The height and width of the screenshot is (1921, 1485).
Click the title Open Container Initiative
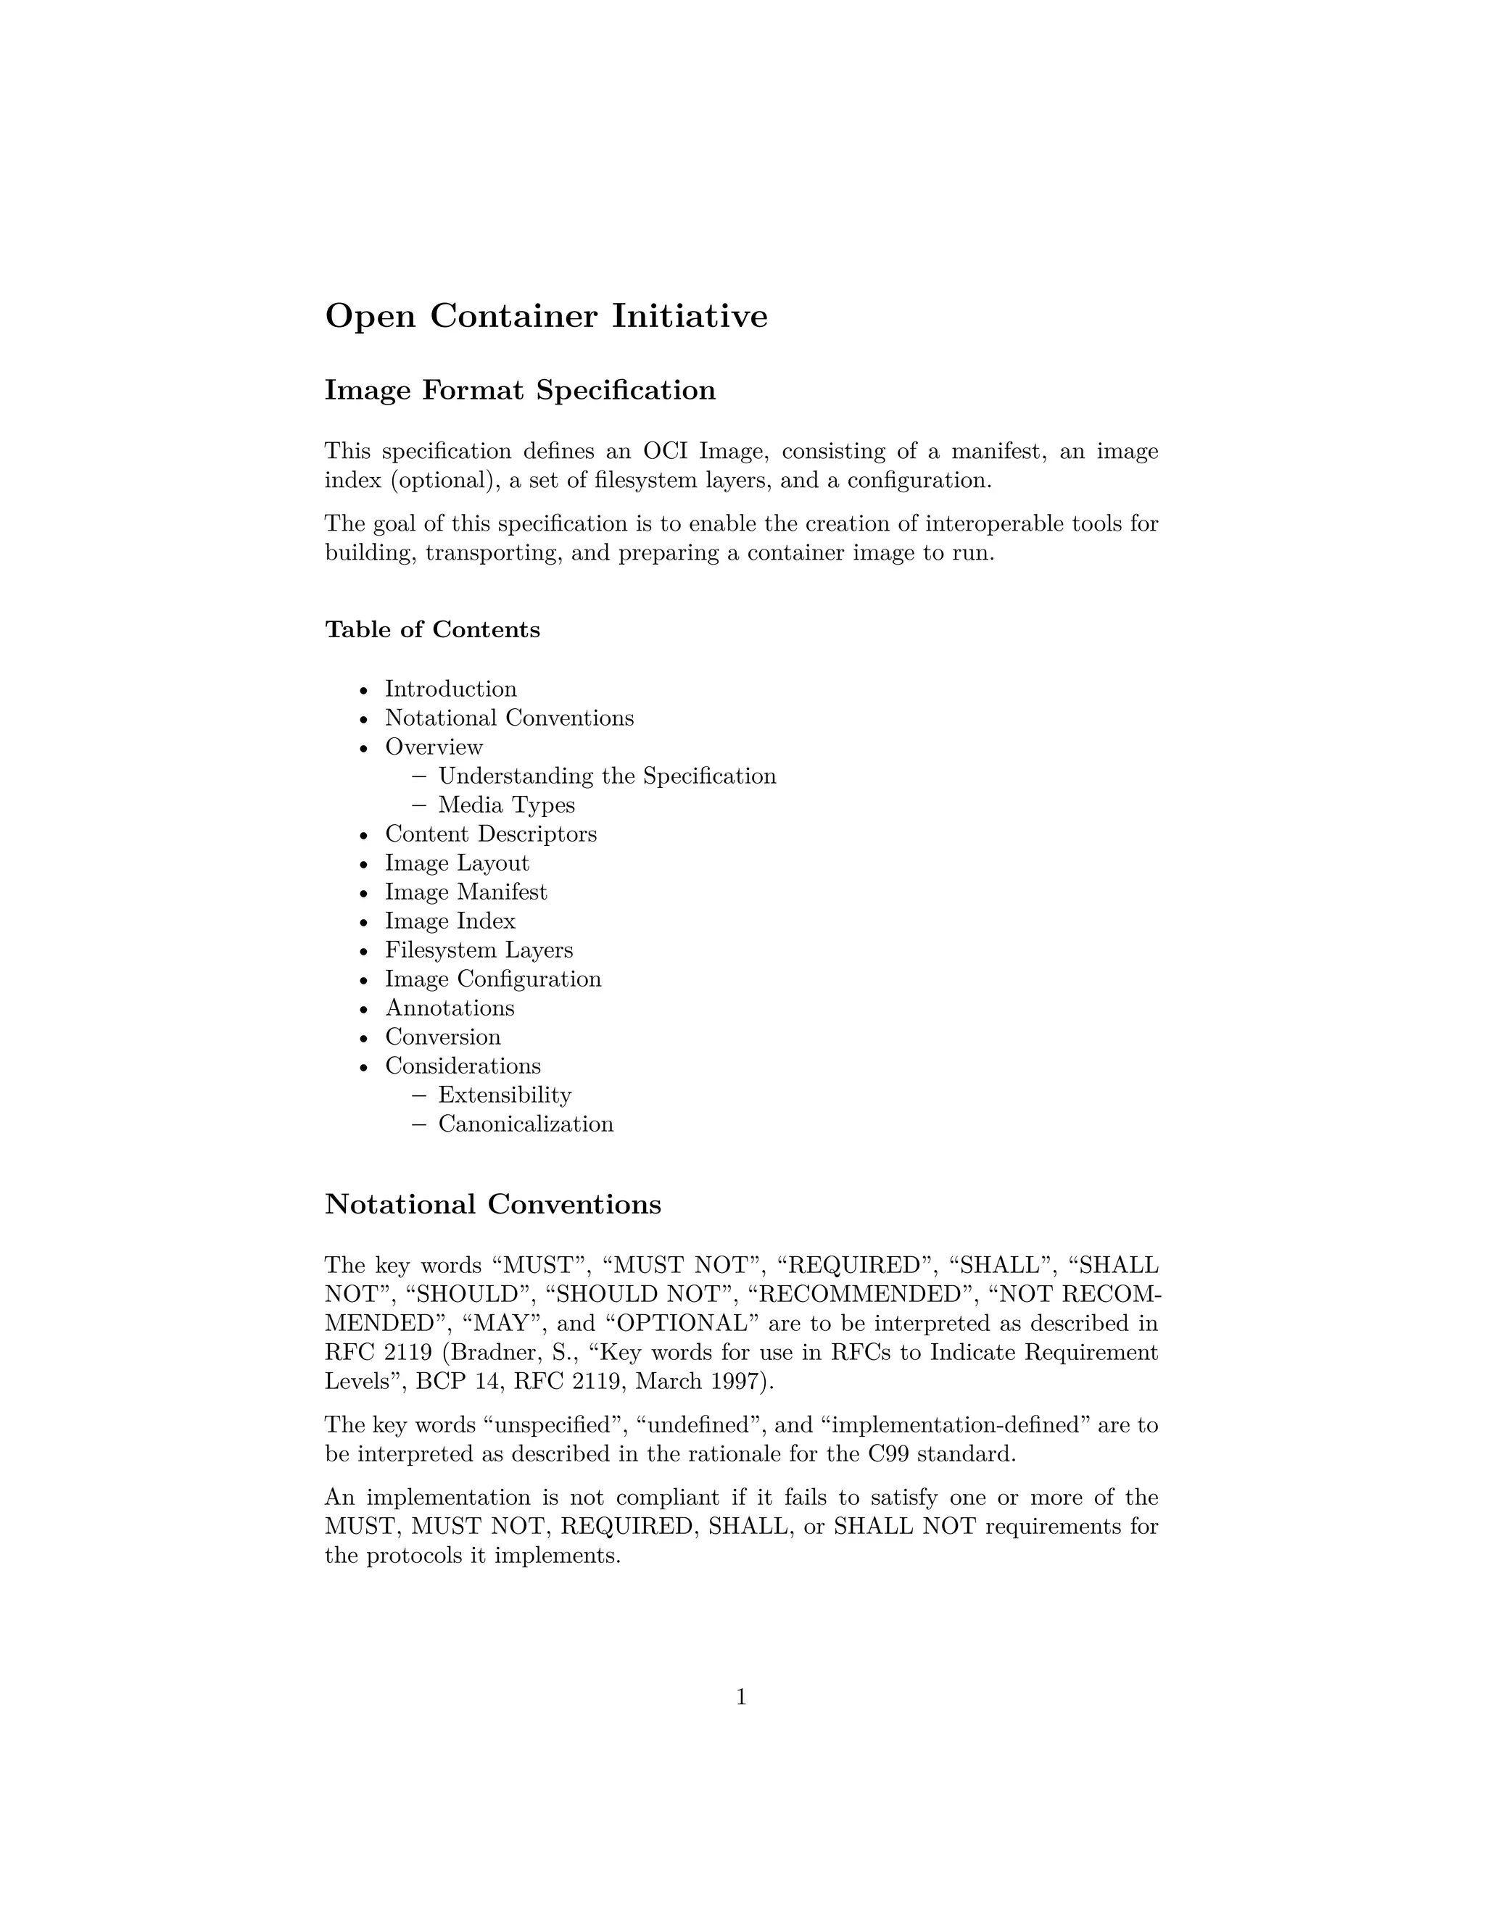coord(545,316)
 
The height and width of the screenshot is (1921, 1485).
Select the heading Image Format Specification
coord(520,390)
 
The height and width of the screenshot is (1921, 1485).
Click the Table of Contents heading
coord(432,630)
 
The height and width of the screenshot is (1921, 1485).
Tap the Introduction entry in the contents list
coord(450,689)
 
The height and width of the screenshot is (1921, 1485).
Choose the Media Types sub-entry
coord(506,805)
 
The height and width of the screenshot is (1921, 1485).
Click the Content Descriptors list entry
coord(490,834)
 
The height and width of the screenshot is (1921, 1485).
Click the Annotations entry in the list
coord(450,1008)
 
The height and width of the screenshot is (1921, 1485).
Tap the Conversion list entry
coord(442,1037)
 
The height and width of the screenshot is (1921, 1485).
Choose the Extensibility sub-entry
coord(504,1095)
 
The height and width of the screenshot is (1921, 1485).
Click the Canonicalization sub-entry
coord(525,1124)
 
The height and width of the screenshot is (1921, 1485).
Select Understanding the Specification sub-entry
coord(607,776)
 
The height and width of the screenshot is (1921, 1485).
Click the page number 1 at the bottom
coord(741,1697)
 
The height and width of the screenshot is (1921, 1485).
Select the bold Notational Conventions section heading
coord(492,1204)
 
